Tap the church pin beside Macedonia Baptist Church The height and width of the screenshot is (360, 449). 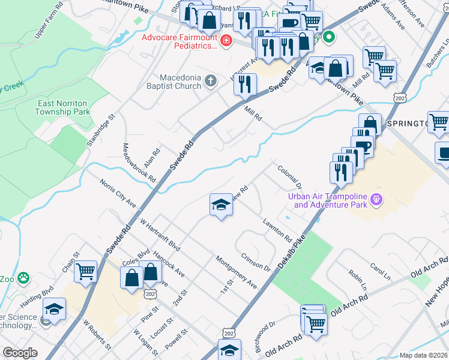[210, 80]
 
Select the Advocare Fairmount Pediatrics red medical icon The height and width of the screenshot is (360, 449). [226, 41]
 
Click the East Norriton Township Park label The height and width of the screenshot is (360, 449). [63, 107]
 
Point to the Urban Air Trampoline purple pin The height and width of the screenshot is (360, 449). [376, 199]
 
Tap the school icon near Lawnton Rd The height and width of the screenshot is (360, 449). [221, 205]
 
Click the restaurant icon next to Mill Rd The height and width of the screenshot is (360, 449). [245, 85]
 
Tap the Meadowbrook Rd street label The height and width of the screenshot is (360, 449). [139, 162]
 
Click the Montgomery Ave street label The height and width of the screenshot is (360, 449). [237, 271]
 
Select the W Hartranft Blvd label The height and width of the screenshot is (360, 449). [160, 235]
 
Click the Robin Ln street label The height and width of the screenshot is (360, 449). [353, 280]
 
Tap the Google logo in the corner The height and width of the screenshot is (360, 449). [20, 353]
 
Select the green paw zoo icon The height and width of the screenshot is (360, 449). [23, 278]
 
